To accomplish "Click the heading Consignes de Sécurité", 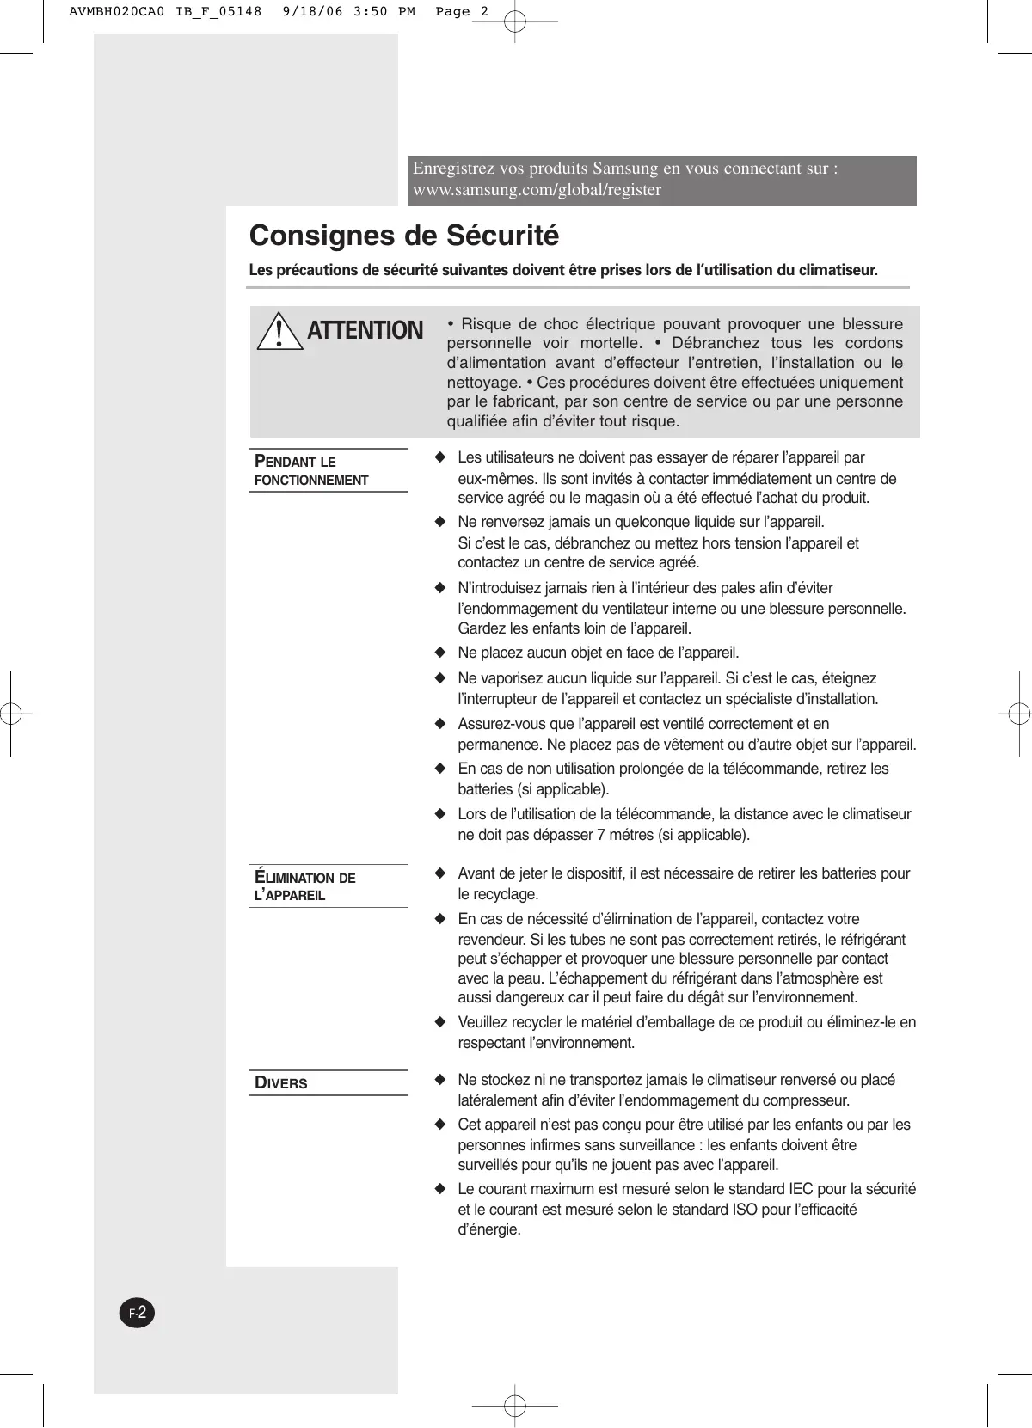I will [x=403, y=236].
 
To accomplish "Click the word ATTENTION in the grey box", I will [x=365, y=331].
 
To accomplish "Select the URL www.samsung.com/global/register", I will [x=537, y=190].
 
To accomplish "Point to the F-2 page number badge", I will [x=136, y=1313].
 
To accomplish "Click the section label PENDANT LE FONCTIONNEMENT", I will [x=311, y=471].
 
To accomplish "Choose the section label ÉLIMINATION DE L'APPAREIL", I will [x=305, y=886].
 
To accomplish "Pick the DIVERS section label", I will [x=281, y=1083].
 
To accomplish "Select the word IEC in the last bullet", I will [x=803, y=1189].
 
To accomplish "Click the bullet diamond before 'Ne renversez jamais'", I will [x=440, y=522].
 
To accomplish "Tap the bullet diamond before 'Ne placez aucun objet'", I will [x=440, y=653].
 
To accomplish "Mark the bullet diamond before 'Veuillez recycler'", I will [x=440, y=1022].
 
